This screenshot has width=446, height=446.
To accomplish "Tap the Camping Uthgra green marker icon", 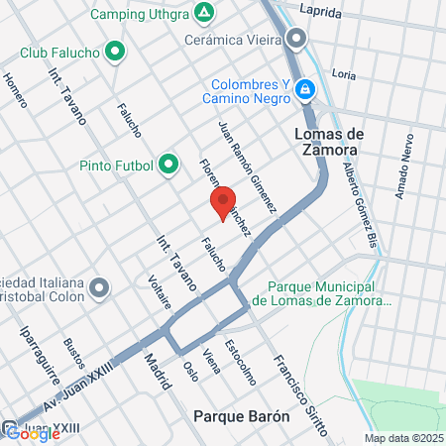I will coord(203,13).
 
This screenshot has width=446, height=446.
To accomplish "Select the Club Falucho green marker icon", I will coord(115,51).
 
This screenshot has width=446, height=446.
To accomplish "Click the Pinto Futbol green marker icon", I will coord(168,164).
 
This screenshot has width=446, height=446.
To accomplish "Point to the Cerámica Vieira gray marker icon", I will coord(295,41).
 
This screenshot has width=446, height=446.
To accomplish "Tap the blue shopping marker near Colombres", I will coord(307,91).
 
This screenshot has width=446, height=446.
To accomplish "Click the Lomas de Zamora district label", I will coord(325,142).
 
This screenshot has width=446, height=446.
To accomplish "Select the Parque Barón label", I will coord(242,416).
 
